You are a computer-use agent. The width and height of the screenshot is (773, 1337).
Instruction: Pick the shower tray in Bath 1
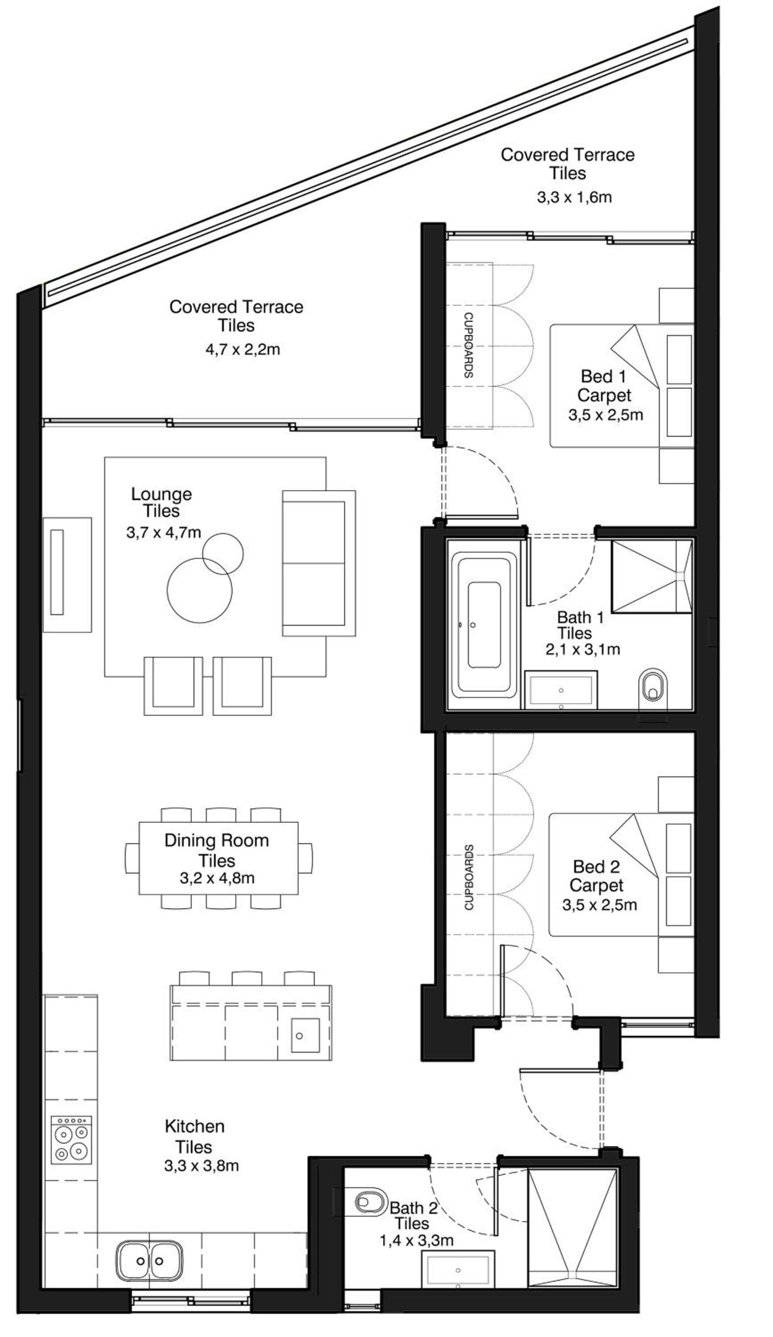651,576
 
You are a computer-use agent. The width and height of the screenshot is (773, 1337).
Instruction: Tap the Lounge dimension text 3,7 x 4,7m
164,532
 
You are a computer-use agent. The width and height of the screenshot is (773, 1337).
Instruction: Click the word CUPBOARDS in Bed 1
469,345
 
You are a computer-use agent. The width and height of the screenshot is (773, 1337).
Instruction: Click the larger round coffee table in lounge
199,590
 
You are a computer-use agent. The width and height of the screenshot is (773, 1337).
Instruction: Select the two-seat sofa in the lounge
318,563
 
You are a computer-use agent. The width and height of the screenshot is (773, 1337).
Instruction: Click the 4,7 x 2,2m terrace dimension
243,350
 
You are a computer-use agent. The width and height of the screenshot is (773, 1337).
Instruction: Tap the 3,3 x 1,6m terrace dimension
574,197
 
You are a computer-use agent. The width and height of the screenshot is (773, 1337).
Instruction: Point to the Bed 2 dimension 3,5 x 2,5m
600,905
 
